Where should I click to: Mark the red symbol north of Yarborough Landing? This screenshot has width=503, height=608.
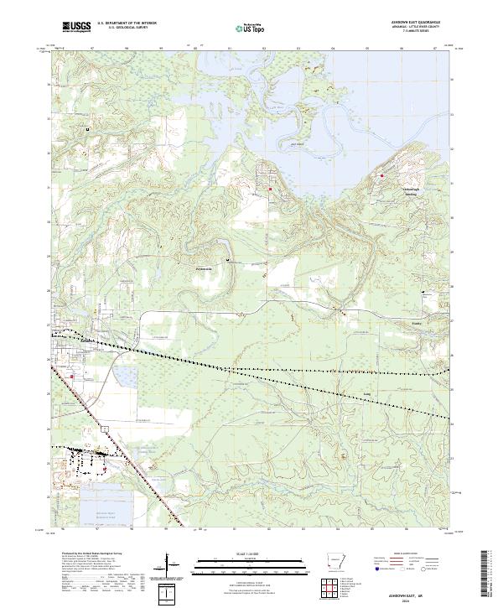(382, 175)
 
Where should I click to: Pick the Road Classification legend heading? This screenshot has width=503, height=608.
(408, 554)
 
